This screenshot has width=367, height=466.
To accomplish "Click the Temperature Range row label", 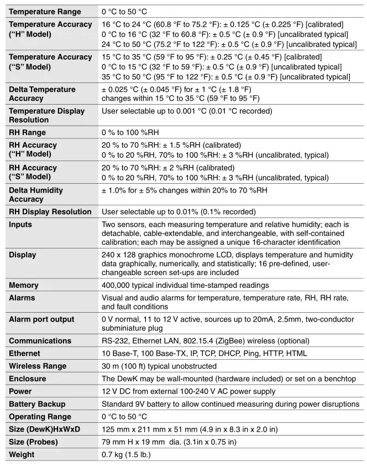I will pos(45,12).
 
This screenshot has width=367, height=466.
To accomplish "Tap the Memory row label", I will pos(24,286).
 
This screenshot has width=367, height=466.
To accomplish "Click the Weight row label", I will pos(22,455).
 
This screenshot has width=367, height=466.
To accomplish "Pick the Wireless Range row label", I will pos(38,366).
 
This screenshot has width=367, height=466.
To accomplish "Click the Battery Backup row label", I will pos(37,404).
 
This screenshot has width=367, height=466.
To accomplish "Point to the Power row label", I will pos(20,391).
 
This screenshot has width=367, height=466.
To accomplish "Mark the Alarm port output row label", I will pos(41,319).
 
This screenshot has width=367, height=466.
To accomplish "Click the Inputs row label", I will pos(20,225).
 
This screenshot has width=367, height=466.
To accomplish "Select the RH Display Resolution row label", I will pos(50,212).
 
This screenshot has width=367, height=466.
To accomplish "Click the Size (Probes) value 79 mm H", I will pos(120,442).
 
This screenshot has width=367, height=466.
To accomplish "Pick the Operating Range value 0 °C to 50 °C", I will pos(124,417).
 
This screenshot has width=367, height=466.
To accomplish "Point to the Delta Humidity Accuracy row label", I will pos(36,195).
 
